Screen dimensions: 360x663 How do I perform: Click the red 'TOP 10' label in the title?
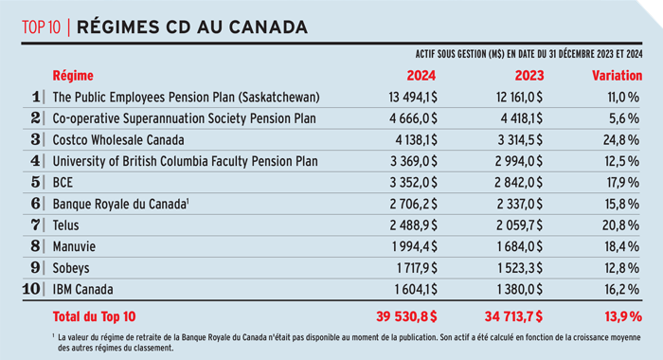(42, 26)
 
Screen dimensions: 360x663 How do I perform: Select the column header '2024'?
(420, 74)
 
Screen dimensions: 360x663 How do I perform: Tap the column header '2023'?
(526, 74)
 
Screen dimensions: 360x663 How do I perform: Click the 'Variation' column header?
(617, 74)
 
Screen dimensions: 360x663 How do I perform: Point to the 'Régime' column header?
(72, 74)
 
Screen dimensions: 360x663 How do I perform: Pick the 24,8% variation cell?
(621, 139)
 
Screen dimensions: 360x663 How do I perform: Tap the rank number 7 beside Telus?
(36, 225)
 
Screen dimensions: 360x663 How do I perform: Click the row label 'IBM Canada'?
(83, 290)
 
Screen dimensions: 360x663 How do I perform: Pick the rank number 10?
(33, 290)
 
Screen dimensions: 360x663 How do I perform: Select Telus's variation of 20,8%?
(621, 225)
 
